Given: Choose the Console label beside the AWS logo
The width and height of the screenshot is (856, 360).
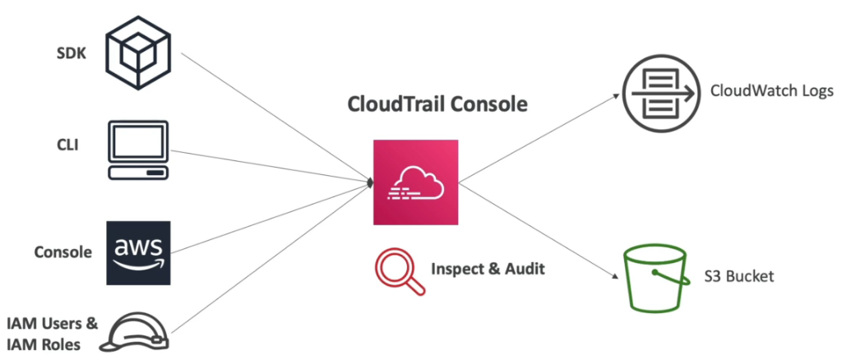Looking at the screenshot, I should (62, 252).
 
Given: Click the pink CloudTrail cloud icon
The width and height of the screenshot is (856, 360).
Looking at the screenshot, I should (414, 182).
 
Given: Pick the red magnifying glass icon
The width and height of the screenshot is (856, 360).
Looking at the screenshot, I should (399, 270).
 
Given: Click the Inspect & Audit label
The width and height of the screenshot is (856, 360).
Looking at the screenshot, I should (488, 269).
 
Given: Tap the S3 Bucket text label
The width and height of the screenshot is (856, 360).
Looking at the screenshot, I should (740, 276).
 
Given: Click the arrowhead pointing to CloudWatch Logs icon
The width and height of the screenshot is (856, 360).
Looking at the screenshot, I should (617, 96).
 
